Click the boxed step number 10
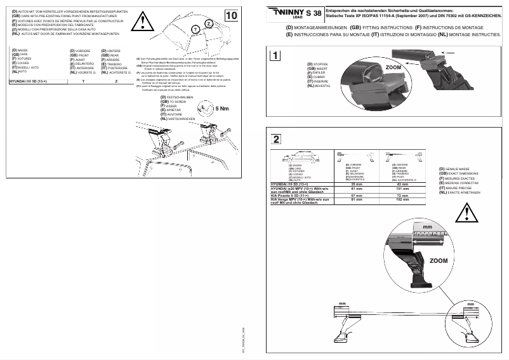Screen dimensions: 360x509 click(x=233, y=14)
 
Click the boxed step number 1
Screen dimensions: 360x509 click(x=274, y=55)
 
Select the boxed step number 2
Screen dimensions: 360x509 click(x=274, y=139)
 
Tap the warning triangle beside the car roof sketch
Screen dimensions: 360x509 click(x=145, y=23)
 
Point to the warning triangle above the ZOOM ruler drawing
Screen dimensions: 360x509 click(x=469, y=211)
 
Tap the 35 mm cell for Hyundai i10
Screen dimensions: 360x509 click(x=356, y=184)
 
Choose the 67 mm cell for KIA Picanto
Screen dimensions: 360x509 click(x=356, y=196)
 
